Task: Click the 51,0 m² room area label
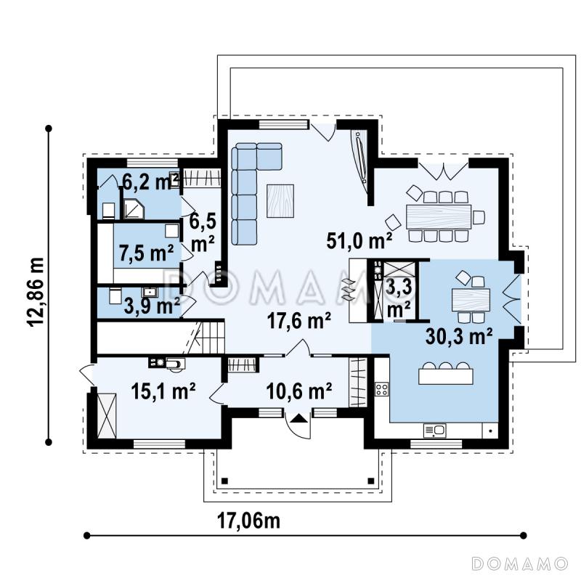359,241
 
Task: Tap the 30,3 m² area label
459,336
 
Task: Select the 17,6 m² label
298,321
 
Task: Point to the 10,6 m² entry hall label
298,391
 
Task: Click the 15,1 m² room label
163,391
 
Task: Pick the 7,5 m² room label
147,253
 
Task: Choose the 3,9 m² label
152,306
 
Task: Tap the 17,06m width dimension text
248,521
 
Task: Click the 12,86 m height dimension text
36,292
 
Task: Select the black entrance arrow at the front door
298,419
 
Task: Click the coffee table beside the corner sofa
280,201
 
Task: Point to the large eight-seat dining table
439,216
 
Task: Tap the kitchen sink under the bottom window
434,430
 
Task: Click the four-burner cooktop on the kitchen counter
382,389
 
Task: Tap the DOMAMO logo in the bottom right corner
520,563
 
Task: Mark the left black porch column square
224,481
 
